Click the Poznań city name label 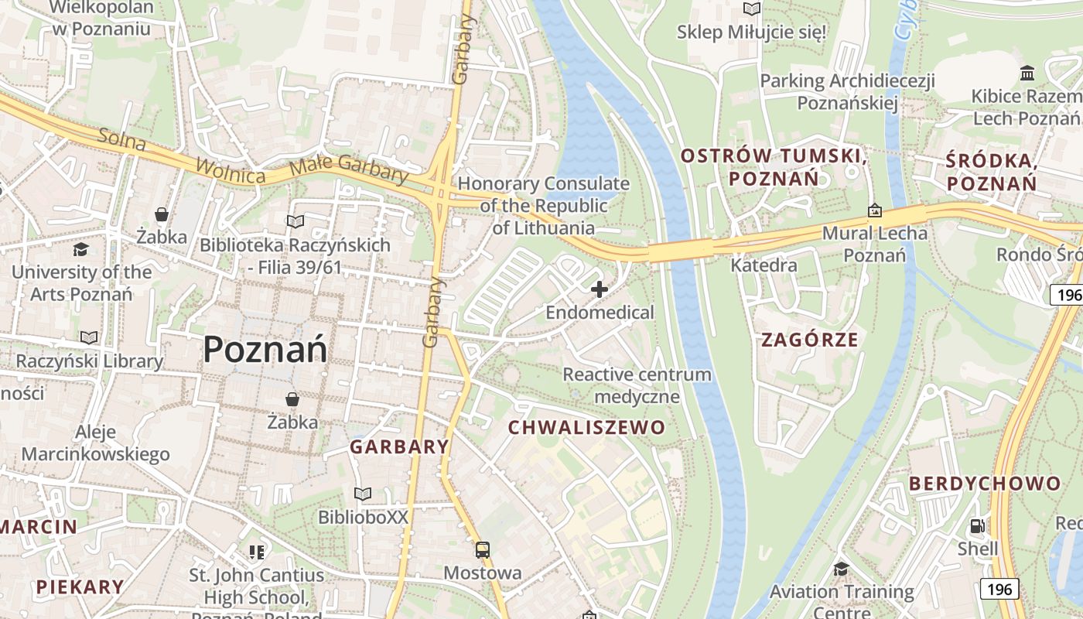265,351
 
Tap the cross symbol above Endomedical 600,290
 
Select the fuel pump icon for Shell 978,526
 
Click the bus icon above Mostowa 483,550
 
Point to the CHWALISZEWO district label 586,428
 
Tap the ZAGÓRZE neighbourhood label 810,340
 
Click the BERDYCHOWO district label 985,484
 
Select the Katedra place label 764,265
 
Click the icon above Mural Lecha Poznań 875,210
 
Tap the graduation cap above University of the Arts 81,249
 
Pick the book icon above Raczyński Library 90,338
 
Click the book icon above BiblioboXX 363,494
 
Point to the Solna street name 122,140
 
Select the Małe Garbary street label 349,171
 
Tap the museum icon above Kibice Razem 1028,74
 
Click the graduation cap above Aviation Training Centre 841,569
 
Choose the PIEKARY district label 80,587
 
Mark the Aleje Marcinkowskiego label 95,443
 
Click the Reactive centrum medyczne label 637,385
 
